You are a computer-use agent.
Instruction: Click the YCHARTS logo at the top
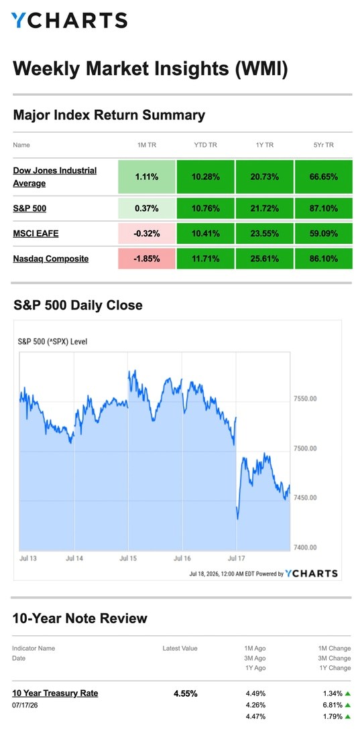pos(69,20)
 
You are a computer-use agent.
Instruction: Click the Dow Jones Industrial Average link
pos(55,177)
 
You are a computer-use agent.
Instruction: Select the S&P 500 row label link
pos(29,208)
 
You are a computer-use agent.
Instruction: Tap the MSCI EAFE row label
pos(36,233)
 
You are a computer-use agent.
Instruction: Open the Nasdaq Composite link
pos(51,259)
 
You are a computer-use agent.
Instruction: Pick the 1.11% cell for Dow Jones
pos(147,177)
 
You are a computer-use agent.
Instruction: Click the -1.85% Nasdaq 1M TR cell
pos(147,259)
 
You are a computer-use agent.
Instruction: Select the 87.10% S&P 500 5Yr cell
pos(323,208)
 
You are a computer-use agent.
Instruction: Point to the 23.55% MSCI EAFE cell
pos(265,233)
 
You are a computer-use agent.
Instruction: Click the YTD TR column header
pos(206,145)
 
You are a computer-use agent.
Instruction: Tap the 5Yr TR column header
pos(323,145)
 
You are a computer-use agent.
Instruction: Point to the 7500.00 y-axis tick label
pos(305,448)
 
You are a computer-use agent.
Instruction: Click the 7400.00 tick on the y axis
pos(305,547)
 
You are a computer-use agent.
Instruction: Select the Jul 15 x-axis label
pos(128,558)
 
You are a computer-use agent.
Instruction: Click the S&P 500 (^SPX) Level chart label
pos(52,342)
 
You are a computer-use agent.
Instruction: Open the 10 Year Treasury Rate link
pos(55,693)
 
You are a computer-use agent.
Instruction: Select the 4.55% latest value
pos(186,693)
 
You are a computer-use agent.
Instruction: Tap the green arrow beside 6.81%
pos(347,705)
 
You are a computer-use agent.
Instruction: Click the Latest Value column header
pos(180,648)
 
